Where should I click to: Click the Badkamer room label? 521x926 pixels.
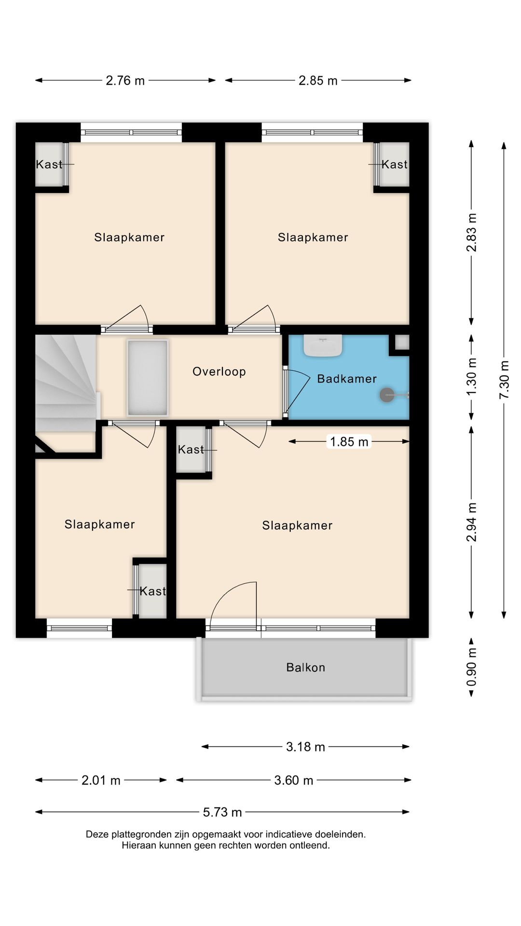pyautogui.click(x=346, y=379)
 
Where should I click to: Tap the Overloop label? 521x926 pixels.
pyautogui.click(x=219, y=371)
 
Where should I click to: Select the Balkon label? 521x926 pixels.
pyautogui.click(x=305, y=667)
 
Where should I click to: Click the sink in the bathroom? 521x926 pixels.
pyautogui.click(x=323, y=346)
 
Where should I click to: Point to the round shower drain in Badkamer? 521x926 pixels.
pyautogui.click(x=386, y=395)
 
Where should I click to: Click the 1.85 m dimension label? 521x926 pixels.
pyautogui.click(x=349, y=442)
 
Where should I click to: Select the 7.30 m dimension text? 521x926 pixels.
pyautogui.click(x=504, y=380)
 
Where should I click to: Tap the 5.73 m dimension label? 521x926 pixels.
pyautogui.click(x=222, y=812)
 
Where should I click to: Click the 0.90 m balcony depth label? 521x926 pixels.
pyautogui.click(x=471, y=667)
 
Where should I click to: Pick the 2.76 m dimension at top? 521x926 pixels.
pyautogui.click(x=125, y=81)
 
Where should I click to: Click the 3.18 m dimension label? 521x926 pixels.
pyautogui.click(x=305, y=747)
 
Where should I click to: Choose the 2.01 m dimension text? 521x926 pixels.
pyautogui.click(x=100, y=780)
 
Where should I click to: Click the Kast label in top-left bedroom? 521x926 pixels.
pyautogui.click(x=49, y=164)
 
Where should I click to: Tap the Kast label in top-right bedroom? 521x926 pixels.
pyautogui.click(x=395, y=164)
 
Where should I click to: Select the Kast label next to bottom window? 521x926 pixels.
pyautogui.click(x=152, y=591)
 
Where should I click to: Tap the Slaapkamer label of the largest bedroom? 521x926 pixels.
pyautogui.click(x=297, y=526)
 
